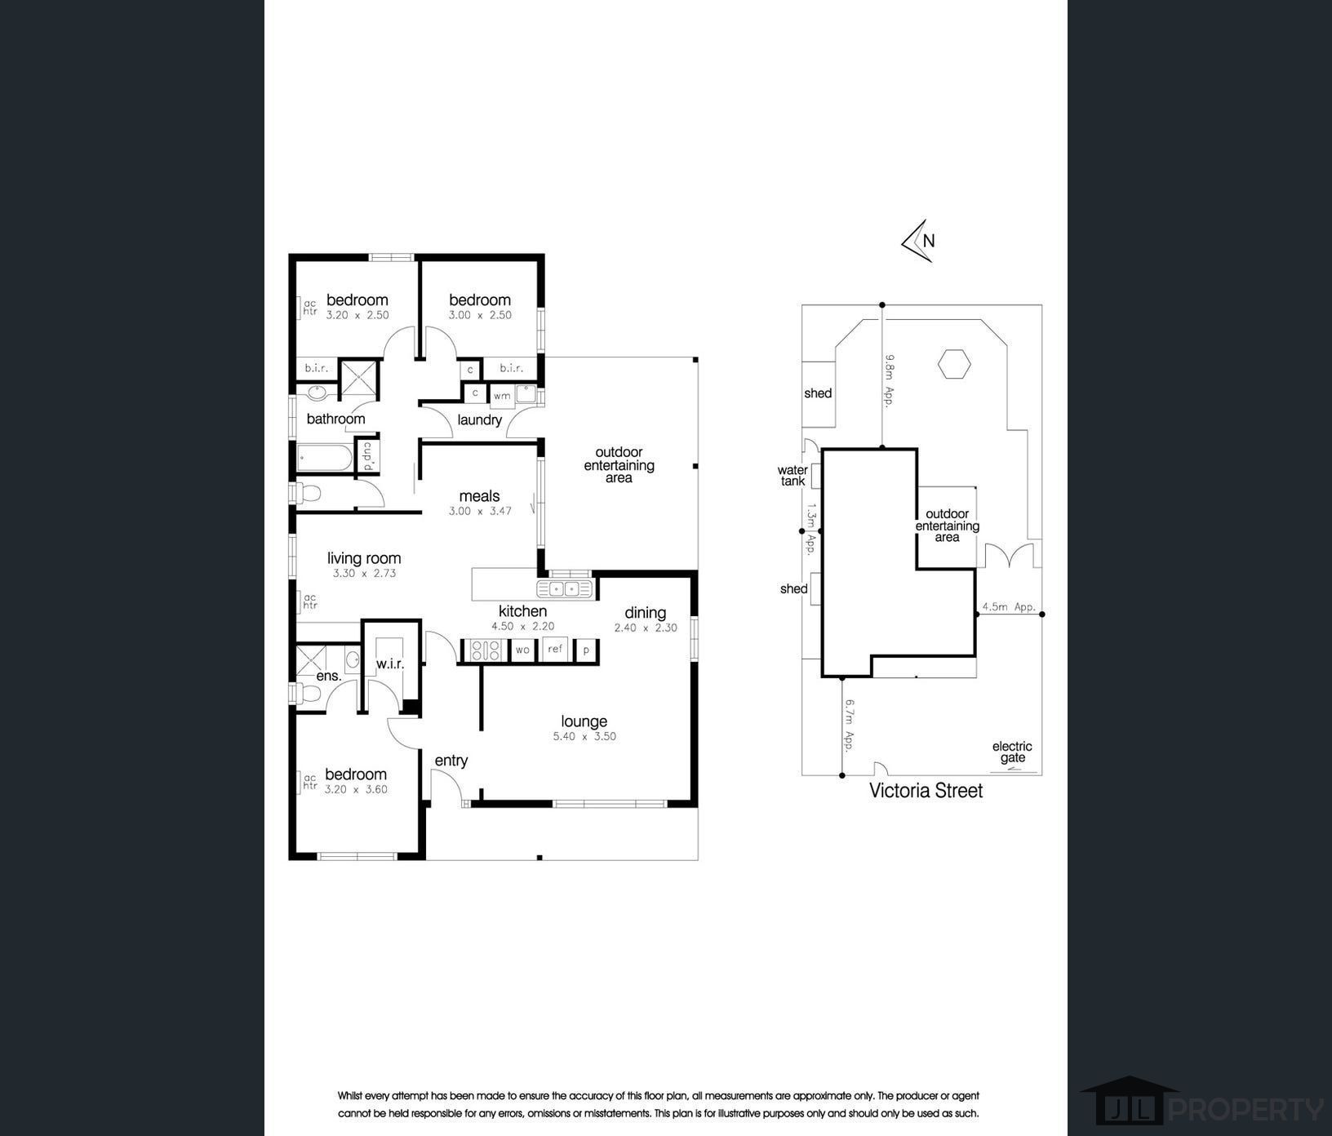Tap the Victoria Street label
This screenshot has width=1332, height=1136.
pos(926,790)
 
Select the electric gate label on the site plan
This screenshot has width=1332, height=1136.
pos(1012,752)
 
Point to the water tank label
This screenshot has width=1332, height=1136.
pos(793,476)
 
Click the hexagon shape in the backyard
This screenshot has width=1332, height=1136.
pos(953,364)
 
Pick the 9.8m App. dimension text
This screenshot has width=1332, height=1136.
pos(890,379)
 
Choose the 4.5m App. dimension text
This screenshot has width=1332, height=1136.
pos(1009,607)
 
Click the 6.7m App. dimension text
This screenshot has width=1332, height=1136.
pos(850,725)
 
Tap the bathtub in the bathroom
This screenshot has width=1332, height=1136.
pos(325,458)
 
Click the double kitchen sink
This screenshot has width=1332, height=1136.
pos(564,588)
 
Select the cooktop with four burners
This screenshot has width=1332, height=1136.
pos(485,650)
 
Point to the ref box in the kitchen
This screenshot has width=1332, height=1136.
pos(556,650)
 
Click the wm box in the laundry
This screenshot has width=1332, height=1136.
pos(502,396)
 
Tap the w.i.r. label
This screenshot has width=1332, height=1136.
pos(390,664)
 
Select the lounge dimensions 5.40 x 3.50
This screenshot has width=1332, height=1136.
pos(584,736)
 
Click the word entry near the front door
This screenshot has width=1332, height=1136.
pos(451,761)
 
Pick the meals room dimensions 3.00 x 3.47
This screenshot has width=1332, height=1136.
pos(480,511)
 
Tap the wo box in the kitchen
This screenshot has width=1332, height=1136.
pos(522,650)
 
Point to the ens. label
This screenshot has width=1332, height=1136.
pos(329,676)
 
